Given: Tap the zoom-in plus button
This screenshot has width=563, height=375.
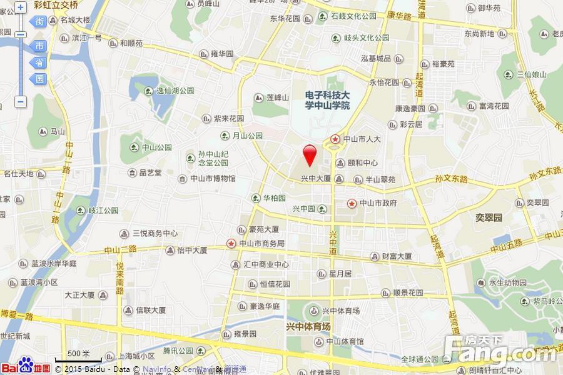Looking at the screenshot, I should (x=21, y=7).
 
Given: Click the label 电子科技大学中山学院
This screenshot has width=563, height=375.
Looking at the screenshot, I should (x=327, y=100).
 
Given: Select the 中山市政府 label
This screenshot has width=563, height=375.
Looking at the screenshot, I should (x=377, y=203).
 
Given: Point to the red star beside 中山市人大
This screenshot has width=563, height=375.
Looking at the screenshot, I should (x=336, y=139).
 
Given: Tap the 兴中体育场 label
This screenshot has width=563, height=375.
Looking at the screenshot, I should (x=308, y=326).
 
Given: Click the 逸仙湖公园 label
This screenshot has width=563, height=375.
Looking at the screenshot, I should (x=175, y=91).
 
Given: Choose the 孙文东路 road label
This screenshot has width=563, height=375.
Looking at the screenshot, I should (x=451, y=179).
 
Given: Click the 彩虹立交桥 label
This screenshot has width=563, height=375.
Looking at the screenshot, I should (x=56, y=5).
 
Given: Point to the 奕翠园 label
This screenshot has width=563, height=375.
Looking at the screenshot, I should (x=488, y=218).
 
